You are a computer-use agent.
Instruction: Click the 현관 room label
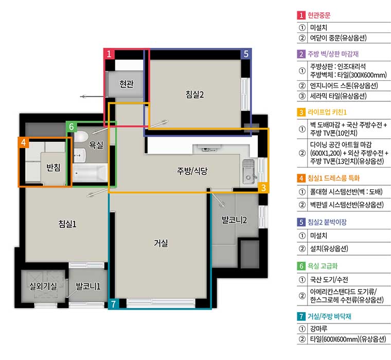[x=127, y=84]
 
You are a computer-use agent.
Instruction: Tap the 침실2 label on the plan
[x=194, y=94]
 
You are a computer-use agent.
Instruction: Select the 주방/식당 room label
[x=192, y=171]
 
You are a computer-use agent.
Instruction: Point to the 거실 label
[x=161, y=243]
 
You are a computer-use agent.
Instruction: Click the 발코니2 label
[x=234, y=220]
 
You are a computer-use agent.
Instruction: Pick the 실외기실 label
[x=43, y=286]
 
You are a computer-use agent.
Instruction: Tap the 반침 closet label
[x=54, y=167]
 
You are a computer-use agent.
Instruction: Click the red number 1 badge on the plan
[x=109, y=54]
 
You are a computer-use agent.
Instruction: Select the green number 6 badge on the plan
[x=72, y=127]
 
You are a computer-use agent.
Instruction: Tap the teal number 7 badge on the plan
[x=114, y=304]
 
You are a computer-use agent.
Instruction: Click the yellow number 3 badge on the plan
[x=263, y=188]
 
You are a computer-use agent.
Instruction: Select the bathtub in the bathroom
[x=90, y=173]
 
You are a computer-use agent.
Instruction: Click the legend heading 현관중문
[x=319, y=15]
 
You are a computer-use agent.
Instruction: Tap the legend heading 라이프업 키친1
[x=327, y=112]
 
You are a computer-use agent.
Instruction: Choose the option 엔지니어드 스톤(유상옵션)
[x=344, y=85]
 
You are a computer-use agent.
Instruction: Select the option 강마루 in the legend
[x=318, y=329]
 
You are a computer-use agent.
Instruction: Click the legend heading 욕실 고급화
[x=323, y=266]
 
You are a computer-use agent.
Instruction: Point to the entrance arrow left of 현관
[x=93, y=97]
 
